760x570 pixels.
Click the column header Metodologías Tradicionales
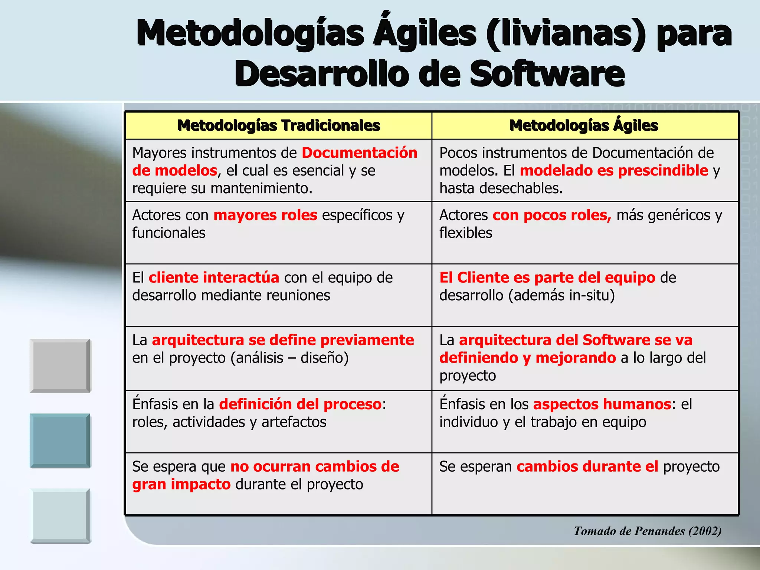(279, 126)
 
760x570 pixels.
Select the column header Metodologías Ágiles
(584, 126)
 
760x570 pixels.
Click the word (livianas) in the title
(566, 33)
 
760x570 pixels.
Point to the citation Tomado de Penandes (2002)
(648, 531)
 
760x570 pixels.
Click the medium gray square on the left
(60, 366)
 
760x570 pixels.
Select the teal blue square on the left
(60, 440)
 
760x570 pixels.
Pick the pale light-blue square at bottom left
(60, 516)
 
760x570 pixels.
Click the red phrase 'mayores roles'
(265, 215)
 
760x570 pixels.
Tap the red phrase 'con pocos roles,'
(552, 215)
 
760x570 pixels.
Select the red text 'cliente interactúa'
(214, 278)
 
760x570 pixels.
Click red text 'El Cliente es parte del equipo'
(547, 278)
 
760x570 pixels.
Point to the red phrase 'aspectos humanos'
(602, 404)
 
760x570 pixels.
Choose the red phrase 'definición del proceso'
(300, 404)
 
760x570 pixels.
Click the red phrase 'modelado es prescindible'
(614, 171)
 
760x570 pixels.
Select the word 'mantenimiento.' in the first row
(261, 189)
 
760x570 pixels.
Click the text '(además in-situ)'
(561, 295)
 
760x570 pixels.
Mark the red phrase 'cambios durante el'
(587, 466)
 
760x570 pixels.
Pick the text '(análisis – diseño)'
(289, 358)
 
